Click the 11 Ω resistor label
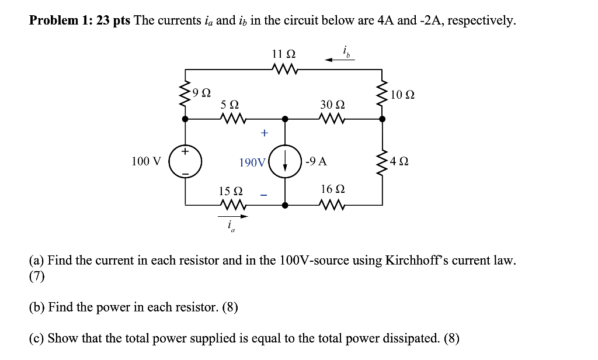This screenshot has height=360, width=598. point(284,54)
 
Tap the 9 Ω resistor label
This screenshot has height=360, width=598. point(202,92)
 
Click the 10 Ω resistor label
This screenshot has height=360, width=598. point(404,94)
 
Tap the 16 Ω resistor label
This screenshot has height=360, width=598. point(333,189)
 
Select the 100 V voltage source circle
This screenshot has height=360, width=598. point(186,161)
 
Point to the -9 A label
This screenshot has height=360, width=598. point(316,161)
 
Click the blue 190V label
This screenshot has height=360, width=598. point(252,162)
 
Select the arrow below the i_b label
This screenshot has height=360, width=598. point(340,59)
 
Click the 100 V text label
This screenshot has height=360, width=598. point(146,161)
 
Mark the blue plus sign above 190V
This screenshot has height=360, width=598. point(264,133)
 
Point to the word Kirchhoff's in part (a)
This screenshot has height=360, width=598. point(418,261)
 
